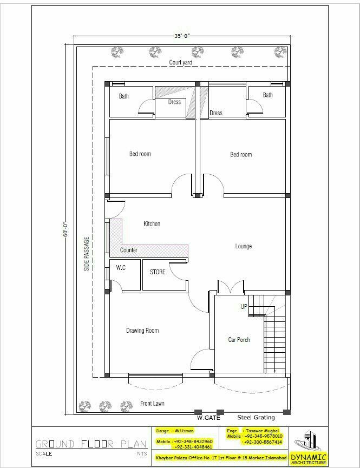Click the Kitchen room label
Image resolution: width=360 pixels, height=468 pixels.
click(x=152, y=223)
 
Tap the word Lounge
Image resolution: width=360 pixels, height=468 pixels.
click(x=243, y=246)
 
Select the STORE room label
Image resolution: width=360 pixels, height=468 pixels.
click(x=158, y=272)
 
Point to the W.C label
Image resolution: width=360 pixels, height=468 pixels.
click(x=120, y=268)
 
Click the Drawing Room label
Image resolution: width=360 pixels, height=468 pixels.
click(x=142, y=330)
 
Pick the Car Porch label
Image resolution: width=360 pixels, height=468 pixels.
click(x=239, y=340)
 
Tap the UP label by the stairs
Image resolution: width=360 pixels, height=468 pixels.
click(x=244, y=307)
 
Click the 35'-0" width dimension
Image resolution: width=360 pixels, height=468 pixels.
click(x=182, y=36)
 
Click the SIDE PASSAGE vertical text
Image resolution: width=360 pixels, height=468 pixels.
click(x=87, y=253)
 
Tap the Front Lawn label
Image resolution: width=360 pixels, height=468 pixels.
click(x=152, y=404)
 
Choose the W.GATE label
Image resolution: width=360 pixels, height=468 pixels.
click(x=207, y=418)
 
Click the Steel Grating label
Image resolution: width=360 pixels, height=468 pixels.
click(x=256, y=418)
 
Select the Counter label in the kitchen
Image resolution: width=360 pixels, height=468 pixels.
click(x=128, y=250)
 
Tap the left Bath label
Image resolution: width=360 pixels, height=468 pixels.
click(x=124, y=96)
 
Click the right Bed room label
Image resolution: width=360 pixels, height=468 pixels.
click(x=241, y=154)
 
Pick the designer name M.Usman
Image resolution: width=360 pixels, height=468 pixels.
click(x=185, y=431)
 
